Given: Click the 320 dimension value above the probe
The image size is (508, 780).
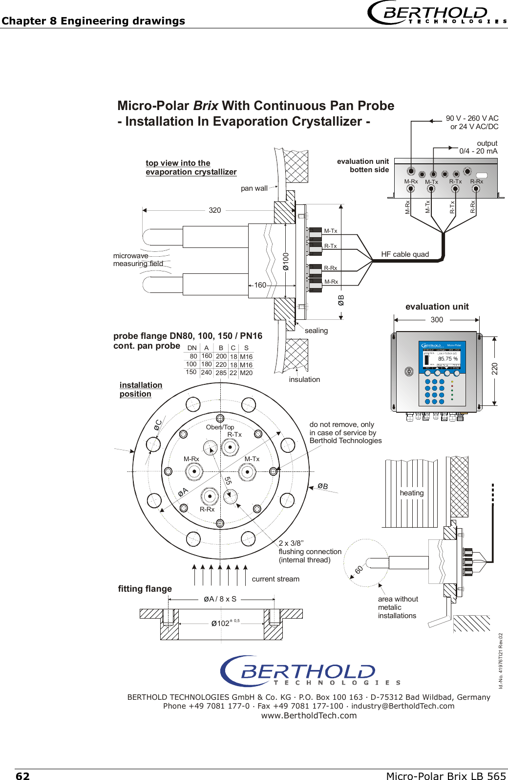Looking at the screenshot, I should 215,210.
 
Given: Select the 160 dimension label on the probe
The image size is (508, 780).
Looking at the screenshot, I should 260,285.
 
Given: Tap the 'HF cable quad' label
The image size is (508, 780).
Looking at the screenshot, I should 405,254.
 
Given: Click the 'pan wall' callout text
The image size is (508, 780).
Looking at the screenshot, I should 254,188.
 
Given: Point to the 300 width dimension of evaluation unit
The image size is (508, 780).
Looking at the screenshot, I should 437,320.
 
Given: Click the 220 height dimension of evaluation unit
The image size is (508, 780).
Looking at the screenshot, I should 495,369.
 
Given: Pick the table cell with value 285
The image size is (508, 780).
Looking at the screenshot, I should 221,373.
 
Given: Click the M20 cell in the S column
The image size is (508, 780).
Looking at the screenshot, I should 246,373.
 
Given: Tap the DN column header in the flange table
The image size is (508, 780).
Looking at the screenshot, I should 192,348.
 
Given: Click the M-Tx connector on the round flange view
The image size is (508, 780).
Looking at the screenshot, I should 247,472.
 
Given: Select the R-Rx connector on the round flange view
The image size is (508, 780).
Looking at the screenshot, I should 210,496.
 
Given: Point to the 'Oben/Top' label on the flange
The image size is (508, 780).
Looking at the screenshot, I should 220,427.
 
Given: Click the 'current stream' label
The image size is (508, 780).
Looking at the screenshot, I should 275,579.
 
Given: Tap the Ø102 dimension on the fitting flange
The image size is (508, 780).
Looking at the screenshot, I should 220,624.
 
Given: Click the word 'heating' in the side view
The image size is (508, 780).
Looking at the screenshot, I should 412,493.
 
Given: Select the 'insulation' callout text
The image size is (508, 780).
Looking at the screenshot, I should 304,379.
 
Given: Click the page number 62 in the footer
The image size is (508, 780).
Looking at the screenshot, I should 22,776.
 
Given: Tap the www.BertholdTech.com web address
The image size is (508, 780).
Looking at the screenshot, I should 309,715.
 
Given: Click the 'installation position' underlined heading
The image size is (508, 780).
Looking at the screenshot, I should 140,390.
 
